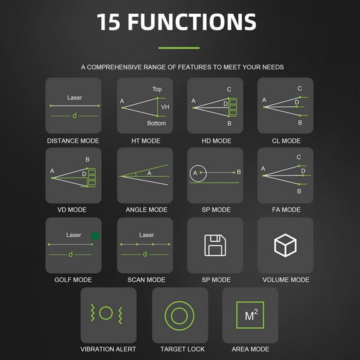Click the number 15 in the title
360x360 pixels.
pos(108,22)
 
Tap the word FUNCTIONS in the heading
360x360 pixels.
pos(192,22)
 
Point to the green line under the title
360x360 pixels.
pos(179,47)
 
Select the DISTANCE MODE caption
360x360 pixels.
pos(73,141)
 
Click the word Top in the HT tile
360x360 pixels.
pos(157,89)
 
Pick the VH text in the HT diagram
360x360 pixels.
pos(165,107)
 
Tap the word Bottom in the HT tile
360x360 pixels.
pos(156,123)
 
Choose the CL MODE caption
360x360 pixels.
pos(286,141)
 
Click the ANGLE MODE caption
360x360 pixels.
pos(146,209)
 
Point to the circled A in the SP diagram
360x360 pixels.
pos(198,173)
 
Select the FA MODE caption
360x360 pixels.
pos(286,209)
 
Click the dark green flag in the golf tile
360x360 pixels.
pos(95,236)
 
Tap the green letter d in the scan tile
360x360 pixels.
pos(145,254)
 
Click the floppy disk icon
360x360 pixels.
pos(215,245)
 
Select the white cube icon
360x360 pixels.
pos(286,245)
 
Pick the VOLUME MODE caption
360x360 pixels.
pos(286,279)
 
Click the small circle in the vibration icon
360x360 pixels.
pos(106,313)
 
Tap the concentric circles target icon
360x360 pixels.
pos(179,316)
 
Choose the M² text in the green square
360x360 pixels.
pos(251,315)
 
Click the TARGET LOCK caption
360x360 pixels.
pos(182,349)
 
